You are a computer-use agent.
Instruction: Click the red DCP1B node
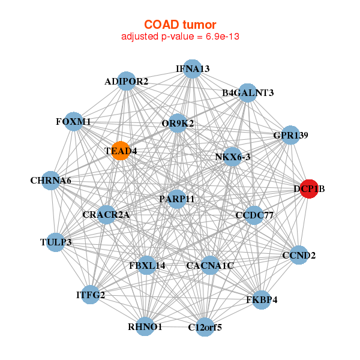click(309, 188)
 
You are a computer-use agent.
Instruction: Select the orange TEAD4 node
click(121, 151)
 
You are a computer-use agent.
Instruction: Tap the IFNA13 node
click(192, 68)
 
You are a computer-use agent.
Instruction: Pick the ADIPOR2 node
click(126, 81)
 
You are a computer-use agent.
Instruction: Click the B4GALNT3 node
click(247, 92)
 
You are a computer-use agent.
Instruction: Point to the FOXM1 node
click(73, 121)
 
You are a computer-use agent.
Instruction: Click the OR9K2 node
click(178, 124)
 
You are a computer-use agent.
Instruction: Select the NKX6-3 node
click(232, 157)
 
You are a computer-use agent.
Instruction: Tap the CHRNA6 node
click(51, 180)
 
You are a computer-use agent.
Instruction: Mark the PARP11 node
click(176, 199)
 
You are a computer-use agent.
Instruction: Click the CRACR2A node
click(106, 214)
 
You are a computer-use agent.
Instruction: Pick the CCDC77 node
click(254, 215)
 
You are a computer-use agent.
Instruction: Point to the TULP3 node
click(56, 242)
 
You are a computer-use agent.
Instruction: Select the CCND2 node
click(299, 255)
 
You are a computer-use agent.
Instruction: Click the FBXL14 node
click(147, 265)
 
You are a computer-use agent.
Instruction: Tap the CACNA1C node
click(210, 265)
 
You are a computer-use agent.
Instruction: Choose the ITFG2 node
click(91, 295)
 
